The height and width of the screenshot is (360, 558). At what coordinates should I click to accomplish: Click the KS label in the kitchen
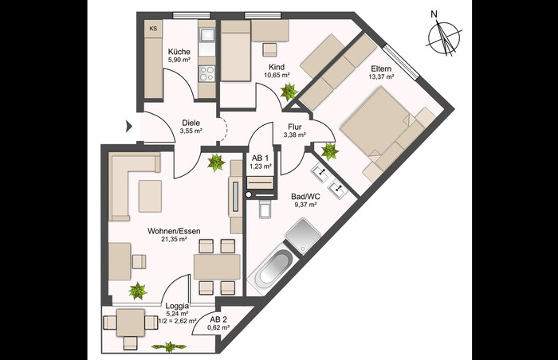click(x=153, y=29)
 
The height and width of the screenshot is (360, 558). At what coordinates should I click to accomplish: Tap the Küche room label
click(x=179, y=52)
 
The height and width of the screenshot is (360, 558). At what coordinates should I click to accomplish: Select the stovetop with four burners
click(x=206, y=73)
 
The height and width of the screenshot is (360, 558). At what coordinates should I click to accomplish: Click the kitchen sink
click(x=206, y=35)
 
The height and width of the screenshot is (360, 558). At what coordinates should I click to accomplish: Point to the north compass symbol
click(x=444, y=37)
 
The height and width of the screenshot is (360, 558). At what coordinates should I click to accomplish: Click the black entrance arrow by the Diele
click(x=129, y=126)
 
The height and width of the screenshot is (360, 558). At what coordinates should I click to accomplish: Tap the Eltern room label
click(x=381, y=68)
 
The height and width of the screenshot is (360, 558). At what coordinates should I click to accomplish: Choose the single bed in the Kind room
click(x=235, y=51)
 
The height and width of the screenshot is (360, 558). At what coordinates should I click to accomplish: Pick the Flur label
click(x=295, y=127)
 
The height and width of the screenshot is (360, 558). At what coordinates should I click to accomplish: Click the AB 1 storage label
click(x=260, y=158)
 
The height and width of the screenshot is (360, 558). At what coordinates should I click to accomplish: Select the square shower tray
click(x=303, y=235)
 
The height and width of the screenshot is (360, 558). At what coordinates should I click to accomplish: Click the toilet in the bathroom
click(x=265, y=208)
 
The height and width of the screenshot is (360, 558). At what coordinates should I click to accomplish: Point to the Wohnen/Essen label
click(x=174, y=231)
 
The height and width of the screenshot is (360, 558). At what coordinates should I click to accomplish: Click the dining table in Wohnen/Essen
click(x=217, y=267)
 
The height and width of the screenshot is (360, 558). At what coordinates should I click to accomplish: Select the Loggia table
click(x=131, y=323)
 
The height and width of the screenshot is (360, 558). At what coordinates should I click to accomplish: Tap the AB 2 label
click(x=218, y=319)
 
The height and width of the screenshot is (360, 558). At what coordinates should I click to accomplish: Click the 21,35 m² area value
click(x=174, y=240)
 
